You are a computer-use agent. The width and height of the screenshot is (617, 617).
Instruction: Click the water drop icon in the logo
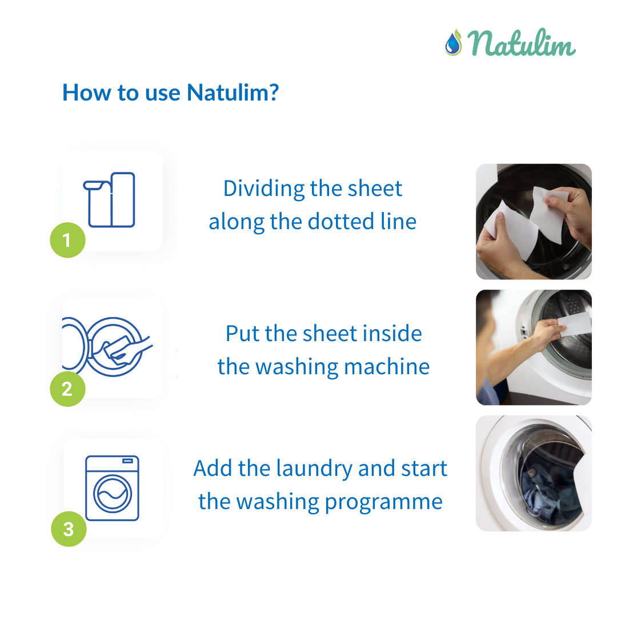[453, 43]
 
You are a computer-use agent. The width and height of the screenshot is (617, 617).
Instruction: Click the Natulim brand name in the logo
[522, 44]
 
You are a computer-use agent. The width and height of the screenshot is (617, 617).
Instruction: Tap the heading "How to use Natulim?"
[170, 92]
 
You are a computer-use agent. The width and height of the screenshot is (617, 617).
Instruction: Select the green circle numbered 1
[67, 240]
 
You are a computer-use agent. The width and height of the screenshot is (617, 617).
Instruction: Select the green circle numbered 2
[67, 389]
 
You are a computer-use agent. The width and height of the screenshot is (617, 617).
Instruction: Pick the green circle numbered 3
[68, 529]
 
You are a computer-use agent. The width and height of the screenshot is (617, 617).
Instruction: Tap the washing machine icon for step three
[112, 488]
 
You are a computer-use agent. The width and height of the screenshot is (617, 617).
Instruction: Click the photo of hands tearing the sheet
[534, 222]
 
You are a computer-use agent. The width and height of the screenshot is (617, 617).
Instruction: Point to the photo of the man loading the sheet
[534, 347]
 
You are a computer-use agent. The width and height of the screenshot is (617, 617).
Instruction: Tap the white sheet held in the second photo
[574, 325]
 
